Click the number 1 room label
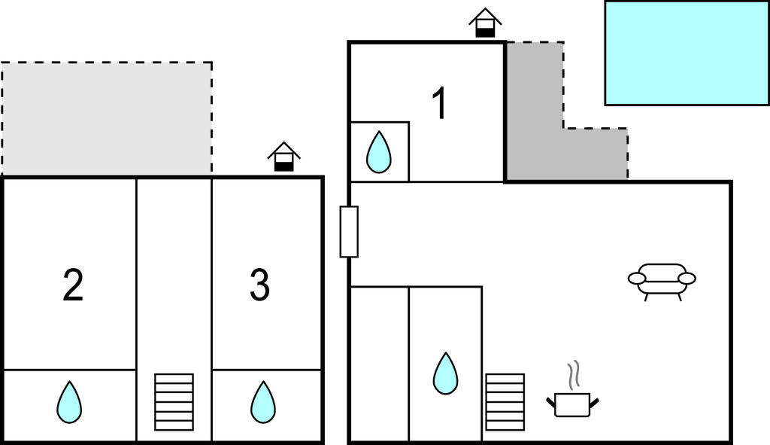click(x=439, y=104)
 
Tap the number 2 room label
click(x=73, y=286)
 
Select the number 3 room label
click(x=259, y=286)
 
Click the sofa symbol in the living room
click(x=662, y=279)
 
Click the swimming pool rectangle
click(x=687, y=53)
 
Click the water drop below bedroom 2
click(x=69, y=402)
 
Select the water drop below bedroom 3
click(x=262, y=402)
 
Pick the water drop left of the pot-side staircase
click(x=445, y=373)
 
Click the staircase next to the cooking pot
click(x=505, y=402)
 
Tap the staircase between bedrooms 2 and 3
click(x=174, y=402)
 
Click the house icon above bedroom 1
click(x=485, y=23)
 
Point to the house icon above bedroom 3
click(x=283, y=157)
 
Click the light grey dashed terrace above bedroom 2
click(x=106, y=118)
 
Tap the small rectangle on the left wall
click(x=349, y=231)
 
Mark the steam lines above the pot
click(x=574, y=374)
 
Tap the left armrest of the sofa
click(x=637, y=279)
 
